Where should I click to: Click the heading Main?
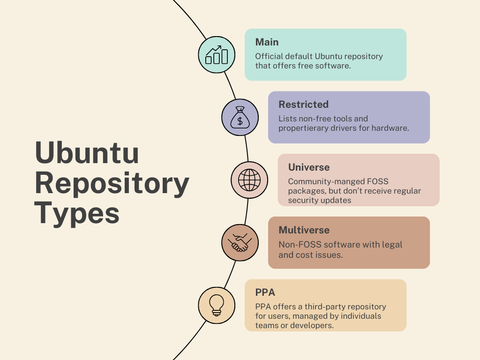pos(267,42)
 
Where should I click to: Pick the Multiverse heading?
pos(304,230)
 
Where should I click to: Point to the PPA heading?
pos(265,292)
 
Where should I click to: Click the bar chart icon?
pos(217,55)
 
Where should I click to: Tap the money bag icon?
pos(240,118)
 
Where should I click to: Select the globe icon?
pos(249,180)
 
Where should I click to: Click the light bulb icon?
pos(217,305)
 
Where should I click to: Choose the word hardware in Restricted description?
pos(393,128)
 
